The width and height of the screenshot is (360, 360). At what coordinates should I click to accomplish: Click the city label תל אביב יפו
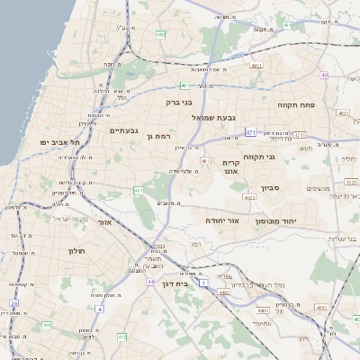[60, 142]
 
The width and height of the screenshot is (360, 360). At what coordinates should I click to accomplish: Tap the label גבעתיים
[123, 130]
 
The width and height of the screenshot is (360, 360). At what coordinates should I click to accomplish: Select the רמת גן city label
[158, 137]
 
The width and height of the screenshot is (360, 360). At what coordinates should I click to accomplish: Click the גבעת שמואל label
[212, 117]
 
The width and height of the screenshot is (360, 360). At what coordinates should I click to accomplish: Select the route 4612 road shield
[208, 161]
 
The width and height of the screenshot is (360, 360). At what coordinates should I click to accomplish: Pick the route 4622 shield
[351, 182]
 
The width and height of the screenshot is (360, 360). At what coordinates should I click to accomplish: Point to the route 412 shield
[122, 337]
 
